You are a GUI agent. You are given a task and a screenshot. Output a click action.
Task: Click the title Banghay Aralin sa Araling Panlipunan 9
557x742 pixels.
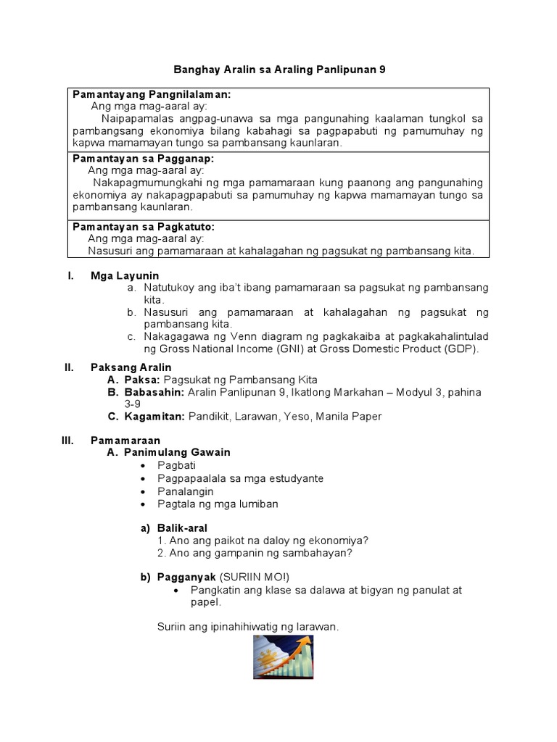point(279,70)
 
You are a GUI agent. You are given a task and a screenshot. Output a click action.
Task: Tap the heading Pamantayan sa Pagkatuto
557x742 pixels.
point(143,227)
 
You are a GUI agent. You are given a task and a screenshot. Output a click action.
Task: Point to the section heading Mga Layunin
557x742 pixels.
point(124,275)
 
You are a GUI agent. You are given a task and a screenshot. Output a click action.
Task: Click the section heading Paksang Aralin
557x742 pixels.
point(131,367)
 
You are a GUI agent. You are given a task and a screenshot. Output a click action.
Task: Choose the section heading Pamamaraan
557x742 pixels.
point(125,440)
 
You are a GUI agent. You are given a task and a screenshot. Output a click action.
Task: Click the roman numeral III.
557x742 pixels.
point(67,440)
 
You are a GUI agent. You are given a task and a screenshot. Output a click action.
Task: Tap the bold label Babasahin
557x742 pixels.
point(154,392)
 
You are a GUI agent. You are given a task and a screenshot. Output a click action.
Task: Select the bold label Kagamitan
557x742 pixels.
point(155,416)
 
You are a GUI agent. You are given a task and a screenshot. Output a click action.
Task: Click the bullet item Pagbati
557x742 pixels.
point(176,465)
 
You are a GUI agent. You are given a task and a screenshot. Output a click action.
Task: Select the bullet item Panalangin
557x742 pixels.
point(186,491)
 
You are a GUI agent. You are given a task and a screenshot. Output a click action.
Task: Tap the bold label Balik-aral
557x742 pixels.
point(182,528)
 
